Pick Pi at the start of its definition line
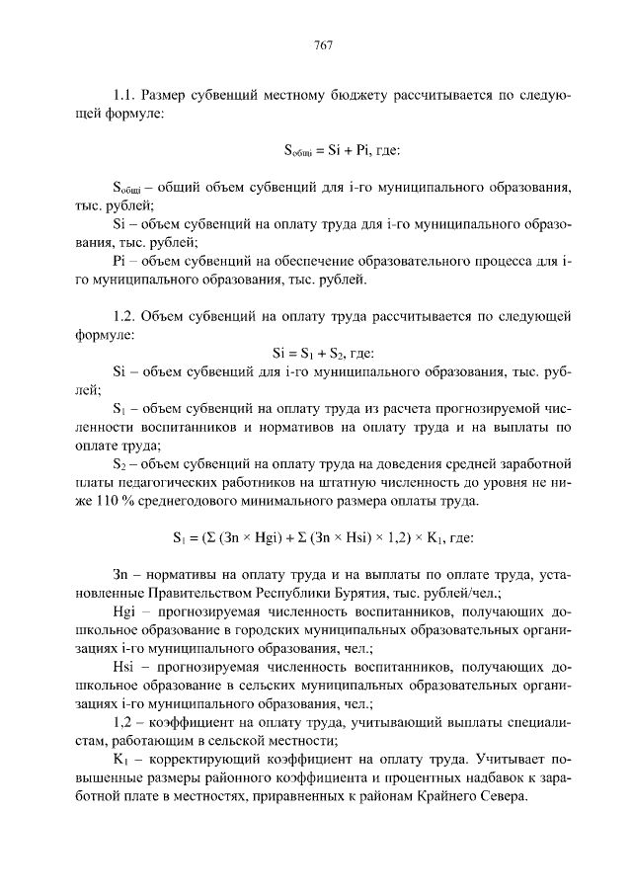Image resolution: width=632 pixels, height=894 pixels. pyautogui.click(x=120, y=262)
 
